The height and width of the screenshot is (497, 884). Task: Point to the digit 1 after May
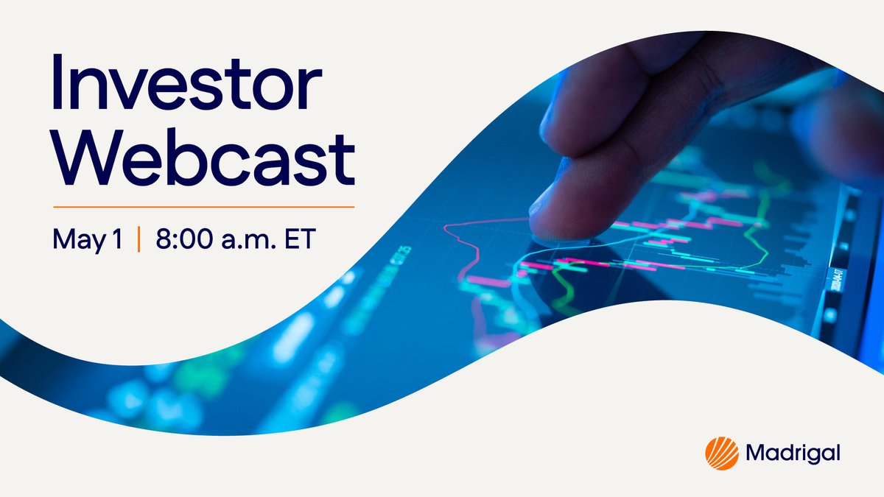pyautogui.click(x=117, y=239)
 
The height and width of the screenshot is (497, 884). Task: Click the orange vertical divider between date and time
pyautogui.click(x=138, y=240)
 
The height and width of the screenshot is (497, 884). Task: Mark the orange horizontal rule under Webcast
pyautogui.click(x=203, y=207)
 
